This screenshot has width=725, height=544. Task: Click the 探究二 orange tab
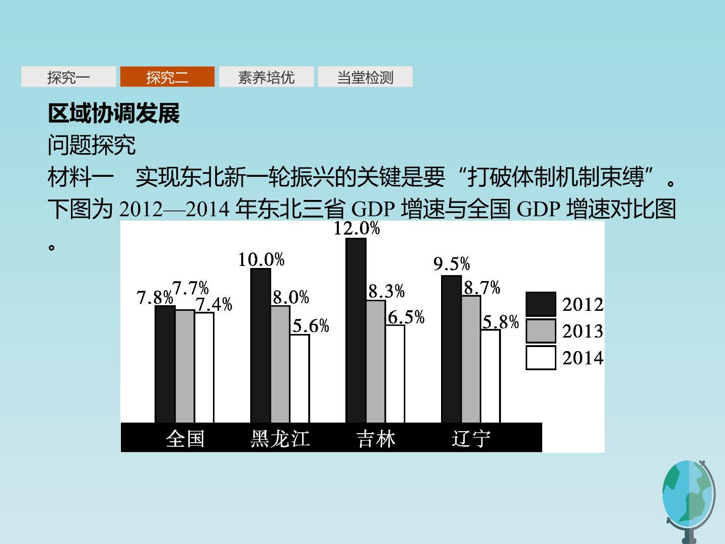click(167, 77)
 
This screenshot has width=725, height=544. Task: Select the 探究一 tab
click(68, 77)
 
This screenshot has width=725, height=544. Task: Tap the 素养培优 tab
click(266, 77)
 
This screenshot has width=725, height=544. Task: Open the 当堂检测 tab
click(365, 77)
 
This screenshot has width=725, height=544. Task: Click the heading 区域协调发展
click(114, 113)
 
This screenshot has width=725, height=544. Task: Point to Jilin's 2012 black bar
click(356, 330)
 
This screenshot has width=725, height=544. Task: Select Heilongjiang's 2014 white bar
click(300, 378)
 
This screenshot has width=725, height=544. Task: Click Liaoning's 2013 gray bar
click(471, 359)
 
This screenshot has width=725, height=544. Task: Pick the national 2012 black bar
click(165, 364)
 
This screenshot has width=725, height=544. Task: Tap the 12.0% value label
click(357, 229)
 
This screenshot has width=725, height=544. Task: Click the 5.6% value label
click(311, 326)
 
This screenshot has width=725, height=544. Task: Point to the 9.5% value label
click(452, 263)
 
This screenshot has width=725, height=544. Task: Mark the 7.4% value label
click(214, 304)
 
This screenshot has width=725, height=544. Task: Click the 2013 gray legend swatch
click(541, 330)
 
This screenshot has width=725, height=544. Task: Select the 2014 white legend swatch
click(541, 358)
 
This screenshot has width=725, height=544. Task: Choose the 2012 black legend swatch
click(541, 304)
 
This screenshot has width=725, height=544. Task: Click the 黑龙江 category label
click(280, 439)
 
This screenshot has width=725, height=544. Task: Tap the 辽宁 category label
click(471, 439)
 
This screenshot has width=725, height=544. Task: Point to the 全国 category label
click(185, 439)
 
